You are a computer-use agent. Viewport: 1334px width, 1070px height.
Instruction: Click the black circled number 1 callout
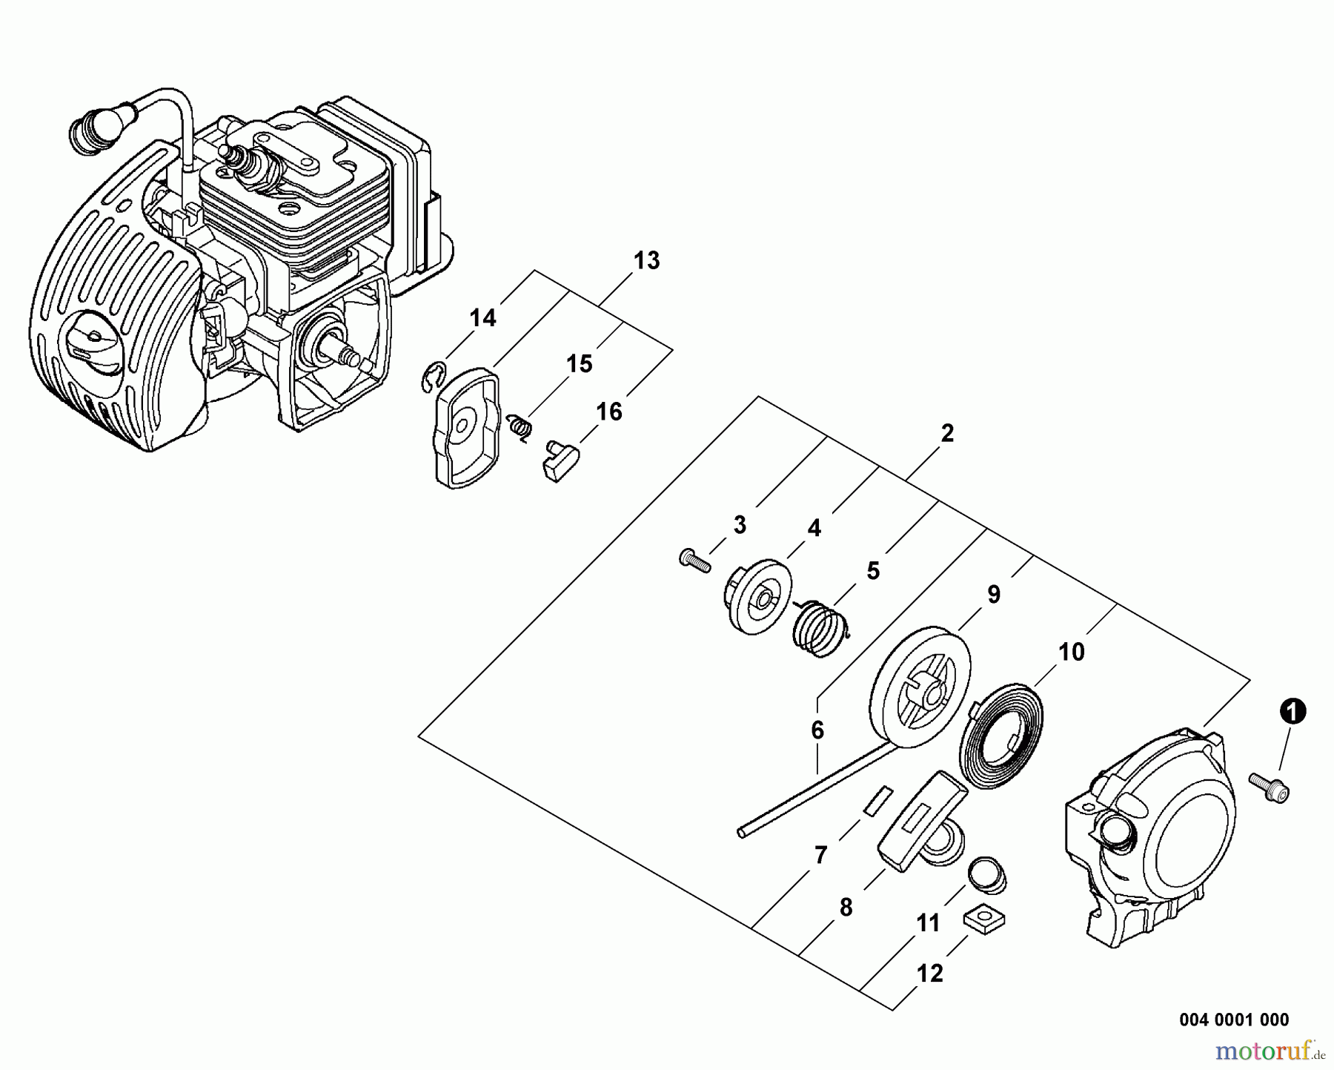tap(1291, 712)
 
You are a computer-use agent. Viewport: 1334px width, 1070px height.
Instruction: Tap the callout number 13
tap(646, 261)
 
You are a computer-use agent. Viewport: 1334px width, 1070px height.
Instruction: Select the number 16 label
tap(609, 412)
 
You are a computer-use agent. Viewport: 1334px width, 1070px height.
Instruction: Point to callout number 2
tap(947, 434)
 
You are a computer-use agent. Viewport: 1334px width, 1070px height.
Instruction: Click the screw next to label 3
tap(694, 560)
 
